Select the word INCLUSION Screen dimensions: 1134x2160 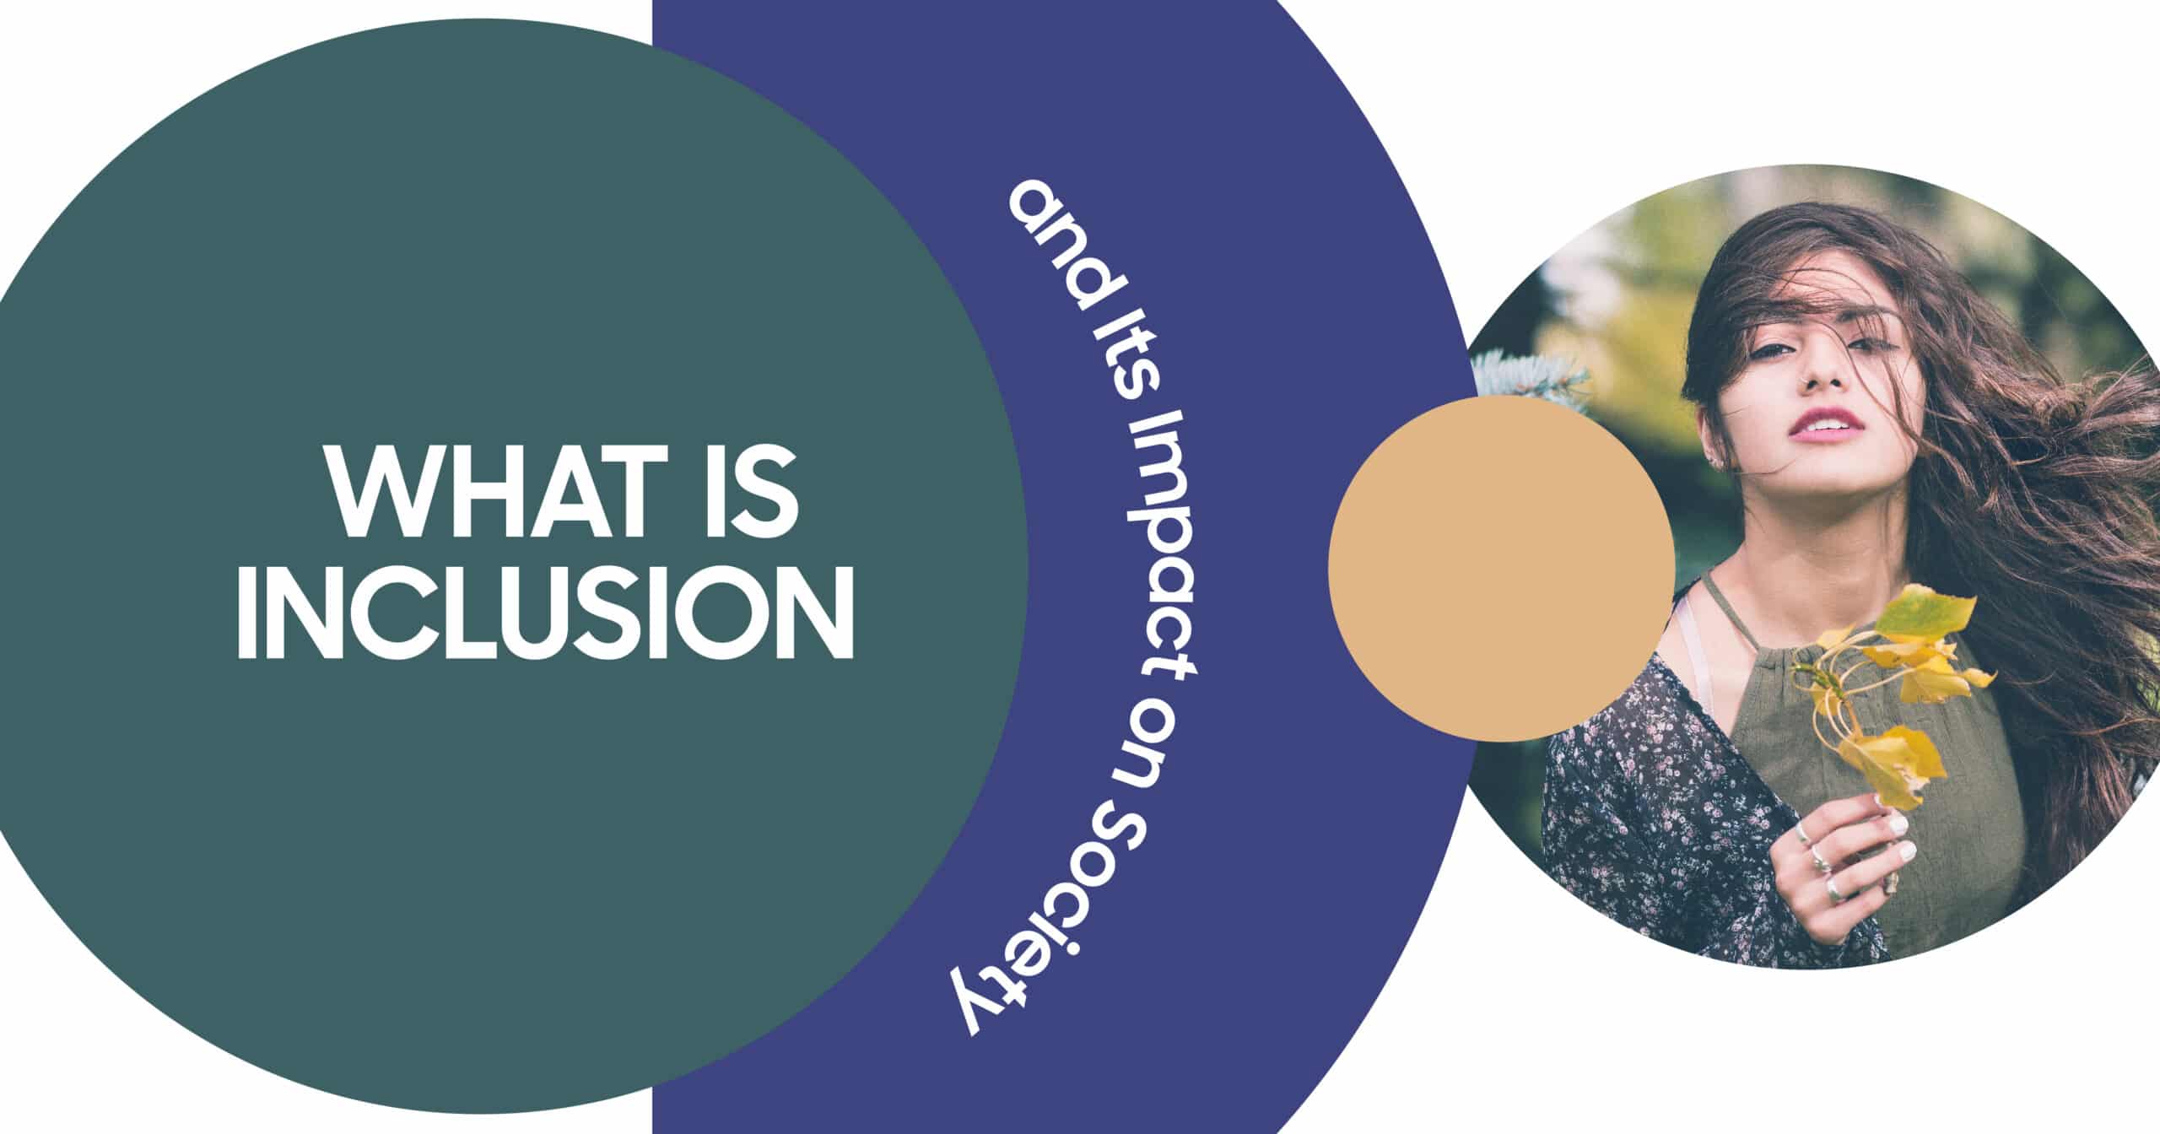click(545, 614)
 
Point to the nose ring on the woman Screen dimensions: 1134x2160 click(1803, 391)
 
